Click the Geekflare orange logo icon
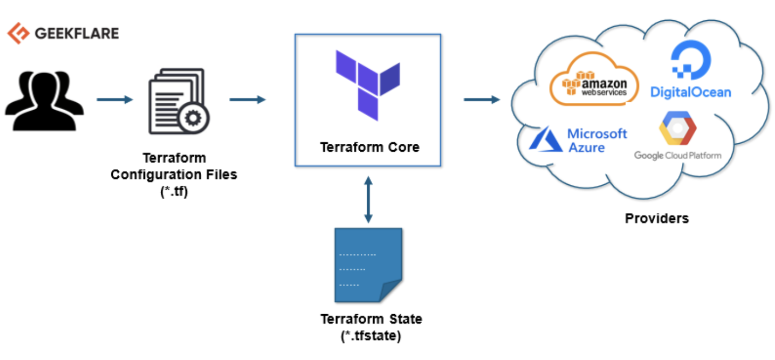point(18,33)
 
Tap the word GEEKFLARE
point(77,34)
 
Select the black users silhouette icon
point(44,100)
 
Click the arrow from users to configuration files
point(114,100)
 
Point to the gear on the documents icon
point(193,117)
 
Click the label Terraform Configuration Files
point(174,167)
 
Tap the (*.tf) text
point(174,190)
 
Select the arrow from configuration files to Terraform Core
point(247,100)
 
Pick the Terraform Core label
point(369,147)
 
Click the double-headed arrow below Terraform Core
point(368,200)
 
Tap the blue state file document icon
point(367,265)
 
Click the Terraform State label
point(371,319)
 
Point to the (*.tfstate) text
point(371,336)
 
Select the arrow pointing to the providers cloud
point(481,100)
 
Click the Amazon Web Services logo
point(594,83)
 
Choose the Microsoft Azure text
point(597,140)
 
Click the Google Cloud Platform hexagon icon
point(678,128)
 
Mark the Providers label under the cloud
point(656,218)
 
